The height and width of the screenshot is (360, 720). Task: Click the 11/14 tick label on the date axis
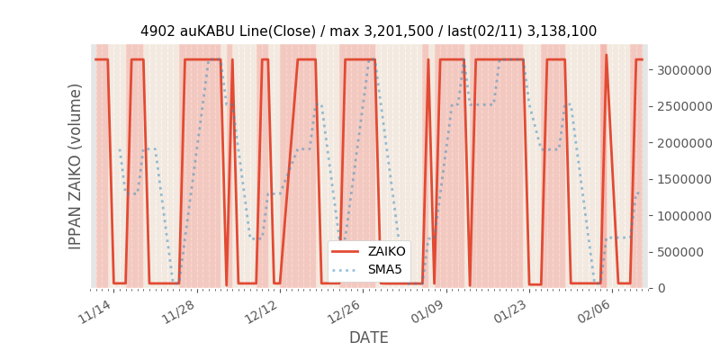click(94, 310)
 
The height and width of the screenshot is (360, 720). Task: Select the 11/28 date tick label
click(178, 310)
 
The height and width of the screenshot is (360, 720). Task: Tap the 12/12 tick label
click(262, 310)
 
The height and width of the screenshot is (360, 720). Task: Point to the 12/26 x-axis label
click(346, 310)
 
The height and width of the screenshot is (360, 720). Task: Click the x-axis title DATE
click(369, 337)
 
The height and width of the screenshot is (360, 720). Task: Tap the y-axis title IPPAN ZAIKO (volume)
click(76, 166)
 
